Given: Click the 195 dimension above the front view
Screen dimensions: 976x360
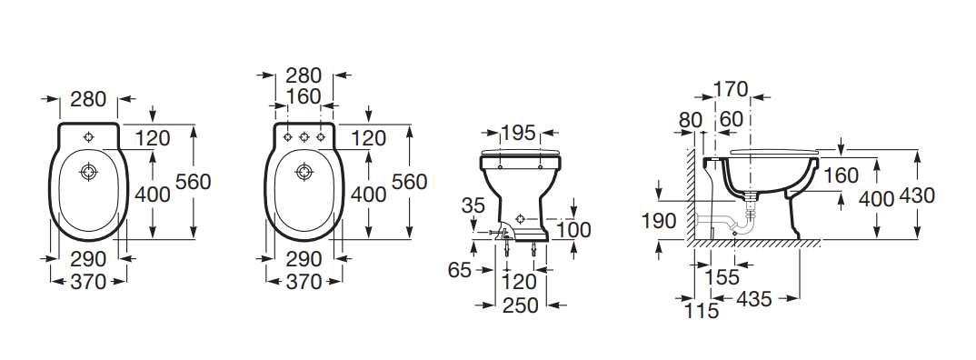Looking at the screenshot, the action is point(519,132).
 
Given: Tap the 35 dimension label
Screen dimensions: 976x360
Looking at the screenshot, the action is point(473,205).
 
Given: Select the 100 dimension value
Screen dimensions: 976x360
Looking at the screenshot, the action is point(573,230).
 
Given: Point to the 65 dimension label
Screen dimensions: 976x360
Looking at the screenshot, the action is point(459,270).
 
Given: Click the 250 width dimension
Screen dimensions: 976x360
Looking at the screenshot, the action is point(521,305).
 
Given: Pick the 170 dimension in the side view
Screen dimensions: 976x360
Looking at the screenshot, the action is point(730,90).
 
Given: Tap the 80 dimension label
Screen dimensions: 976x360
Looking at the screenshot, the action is point(691,120).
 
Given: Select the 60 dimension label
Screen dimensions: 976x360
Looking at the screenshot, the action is point(732,119).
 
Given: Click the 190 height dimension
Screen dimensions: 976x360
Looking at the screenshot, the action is point(659,221).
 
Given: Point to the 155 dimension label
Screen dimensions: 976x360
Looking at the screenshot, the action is point(722,276).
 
